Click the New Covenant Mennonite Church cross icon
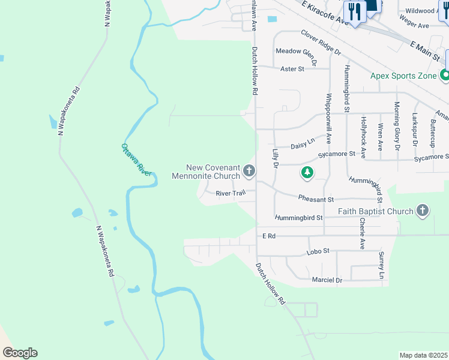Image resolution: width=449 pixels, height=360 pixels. [x=249, y=172]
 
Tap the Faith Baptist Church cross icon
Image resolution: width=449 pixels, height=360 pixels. [x=423, y=211]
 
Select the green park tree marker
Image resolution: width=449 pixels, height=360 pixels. [x=307, y=173]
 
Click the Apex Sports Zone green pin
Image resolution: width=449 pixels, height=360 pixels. [x=444, y=76]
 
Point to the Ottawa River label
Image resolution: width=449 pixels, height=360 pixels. [x=137, y=159]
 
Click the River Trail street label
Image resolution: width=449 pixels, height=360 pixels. [x=231, y=193]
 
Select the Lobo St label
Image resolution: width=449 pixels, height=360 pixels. [x=319, y=251]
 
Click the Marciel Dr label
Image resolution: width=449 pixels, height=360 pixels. [x=327, y=280]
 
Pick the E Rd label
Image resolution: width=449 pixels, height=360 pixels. [x=268, y=236]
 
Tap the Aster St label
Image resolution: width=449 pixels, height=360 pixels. [x=293, y=69]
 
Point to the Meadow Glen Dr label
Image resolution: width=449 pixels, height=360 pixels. [x=295, y=52]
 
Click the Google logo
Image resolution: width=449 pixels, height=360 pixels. [x=20, y=353]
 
